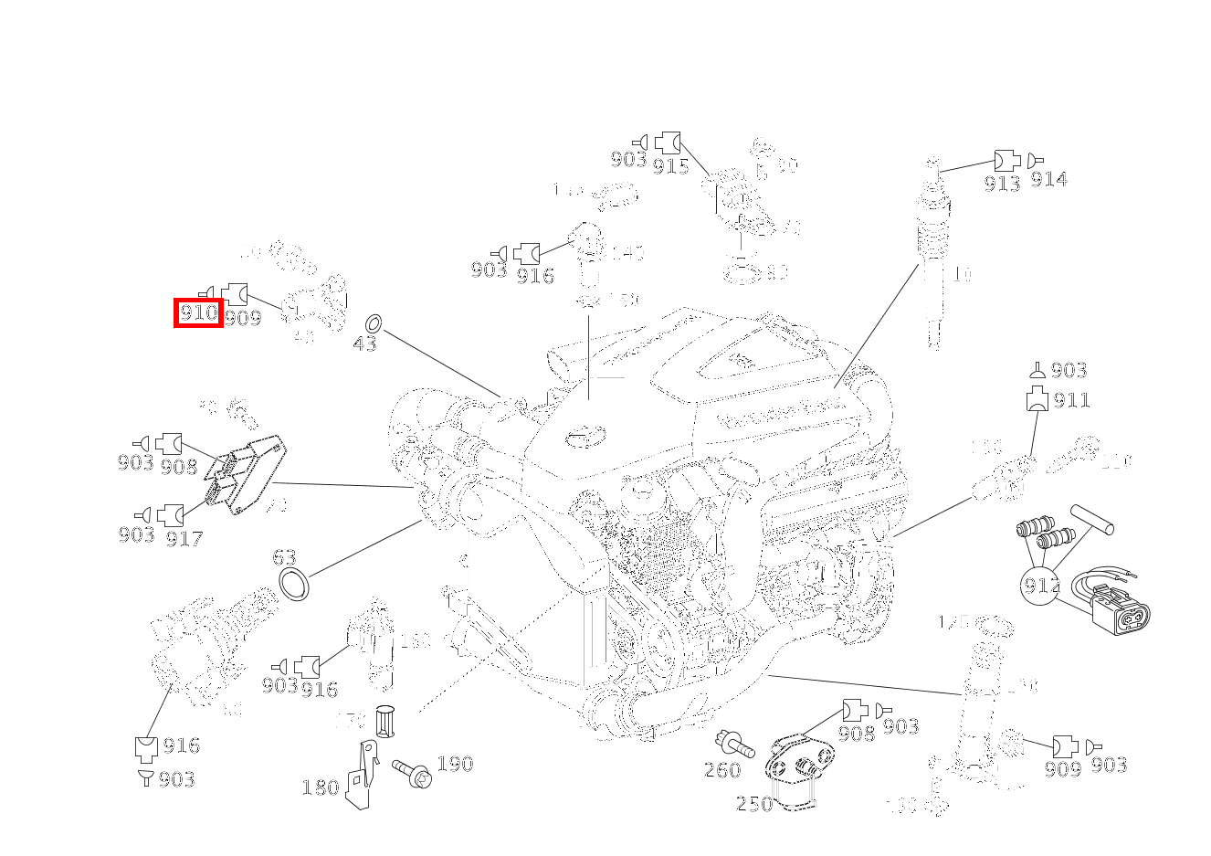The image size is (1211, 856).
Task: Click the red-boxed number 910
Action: (x=198, y=313)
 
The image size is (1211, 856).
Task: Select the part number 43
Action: (x=364, y=344)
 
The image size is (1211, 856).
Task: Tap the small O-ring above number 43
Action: (x=373, y=323)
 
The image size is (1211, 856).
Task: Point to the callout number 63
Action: (x=284, y=557)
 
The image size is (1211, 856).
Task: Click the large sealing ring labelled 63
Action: (x=294, y=584)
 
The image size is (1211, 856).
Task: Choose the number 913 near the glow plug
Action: (x=1002, y=183)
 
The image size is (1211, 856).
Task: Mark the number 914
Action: (x=1048, y=180)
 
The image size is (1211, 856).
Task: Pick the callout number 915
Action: (x=670, y=165)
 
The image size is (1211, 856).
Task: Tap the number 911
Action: (x=1071, y=400)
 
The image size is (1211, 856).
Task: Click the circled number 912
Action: (x=1041, y=586)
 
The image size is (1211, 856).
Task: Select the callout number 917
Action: (x=184, y=539)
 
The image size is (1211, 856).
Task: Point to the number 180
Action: (x=320, y=787)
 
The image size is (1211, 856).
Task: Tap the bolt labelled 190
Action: (x=412, y=773)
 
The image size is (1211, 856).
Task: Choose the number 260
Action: (x=721, y=770)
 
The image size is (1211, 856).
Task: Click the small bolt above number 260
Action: (x=734, y=744)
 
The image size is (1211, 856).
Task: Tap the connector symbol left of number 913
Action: (x=1006, y=160)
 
